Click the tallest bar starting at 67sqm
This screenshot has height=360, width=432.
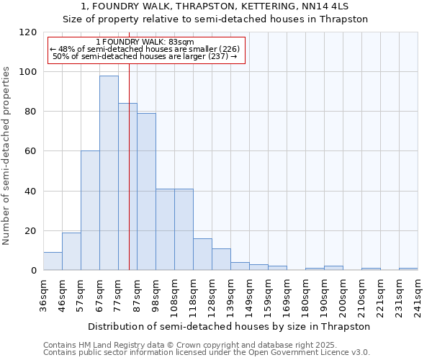[109, 173]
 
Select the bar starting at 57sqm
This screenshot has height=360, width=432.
[90, 210]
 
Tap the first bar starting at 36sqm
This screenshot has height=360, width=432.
[53, 261]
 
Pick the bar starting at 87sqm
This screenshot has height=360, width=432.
[146, 192]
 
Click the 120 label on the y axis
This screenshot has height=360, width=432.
[29, 32]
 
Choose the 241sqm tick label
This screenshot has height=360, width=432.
[418, 295]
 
